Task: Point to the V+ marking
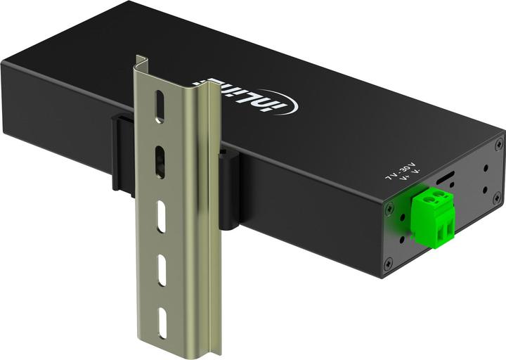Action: click(x=403, y=180)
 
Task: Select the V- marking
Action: click(x=415, y=174)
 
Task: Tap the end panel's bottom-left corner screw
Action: click(x=389, y=264)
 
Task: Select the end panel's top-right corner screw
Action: click(x=498, y=143)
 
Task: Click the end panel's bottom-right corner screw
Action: click(x=497, y=198)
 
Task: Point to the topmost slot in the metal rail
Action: click(x=160, y=106)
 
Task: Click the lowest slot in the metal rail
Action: click(x=163, y=323)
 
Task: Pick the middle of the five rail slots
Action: click(x=162, y=216)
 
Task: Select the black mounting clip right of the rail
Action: click(x=228, y=190)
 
